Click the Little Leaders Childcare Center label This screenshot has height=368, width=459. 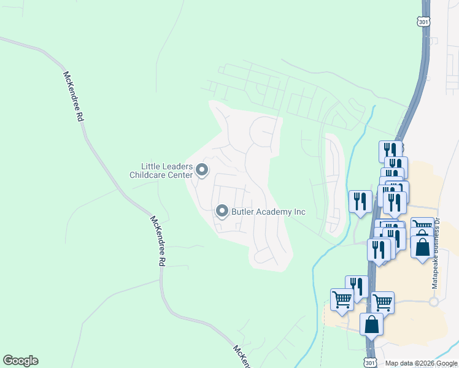[x=167, y=170]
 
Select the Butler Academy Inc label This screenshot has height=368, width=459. [x=268, y=212]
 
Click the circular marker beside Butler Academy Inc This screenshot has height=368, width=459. [x=222, y=212]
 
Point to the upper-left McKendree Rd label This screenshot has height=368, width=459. [x=72, y=95]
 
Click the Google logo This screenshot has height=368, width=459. [x=20, y=361]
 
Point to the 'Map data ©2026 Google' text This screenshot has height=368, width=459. [x=421, y=363]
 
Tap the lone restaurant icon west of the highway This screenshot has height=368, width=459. [x=360, y=201]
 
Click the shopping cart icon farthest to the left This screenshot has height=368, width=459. [x=342, y=299]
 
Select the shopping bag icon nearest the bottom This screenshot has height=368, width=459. [x=372, y=324]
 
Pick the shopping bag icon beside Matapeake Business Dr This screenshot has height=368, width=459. [x=422, y=247]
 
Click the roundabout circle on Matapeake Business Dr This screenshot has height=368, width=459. [x=434, y=302]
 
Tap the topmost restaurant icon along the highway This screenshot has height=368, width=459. [x=390, y=151]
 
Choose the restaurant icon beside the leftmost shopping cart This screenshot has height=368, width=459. [x=357, y=286]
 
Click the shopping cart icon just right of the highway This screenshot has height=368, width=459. [x=383, y=302]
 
